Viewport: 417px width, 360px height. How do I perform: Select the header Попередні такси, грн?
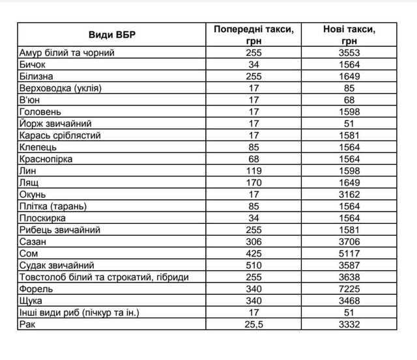coord(254,35)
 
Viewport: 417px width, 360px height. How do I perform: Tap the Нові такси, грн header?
coord(349,35)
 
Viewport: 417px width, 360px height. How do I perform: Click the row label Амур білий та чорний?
coord(67,53)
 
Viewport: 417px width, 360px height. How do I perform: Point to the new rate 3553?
coord(349,53)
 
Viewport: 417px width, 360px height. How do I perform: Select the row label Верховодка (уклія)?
coord(62,88)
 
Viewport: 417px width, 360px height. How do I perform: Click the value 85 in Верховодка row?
coord(349,88)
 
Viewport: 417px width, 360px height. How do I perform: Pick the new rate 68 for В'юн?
coord(349,100)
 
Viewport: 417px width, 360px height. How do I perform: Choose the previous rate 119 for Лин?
coord(254,171)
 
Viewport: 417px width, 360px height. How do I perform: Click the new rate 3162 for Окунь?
coord(349,194)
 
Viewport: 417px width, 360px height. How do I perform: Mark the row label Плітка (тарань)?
coord(53,206)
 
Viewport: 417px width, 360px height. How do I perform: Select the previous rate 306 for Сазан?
coord(254,242)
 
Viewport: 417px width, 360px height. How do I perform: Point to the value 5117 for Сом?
coord(349,253)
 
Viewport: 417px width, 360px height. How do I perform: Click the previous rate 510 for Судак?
coord(254,265)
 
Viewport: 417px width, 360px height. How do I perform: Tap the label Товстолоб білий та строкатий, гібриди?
coord(104,277)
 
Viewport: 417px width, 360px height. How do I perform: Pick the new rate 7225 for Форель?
coord(349,288)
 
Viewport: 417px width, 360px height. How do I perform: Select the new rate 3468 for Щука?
coord(349,300)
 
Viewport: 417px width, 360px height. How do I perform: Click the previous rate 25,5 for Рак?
coord(254,324)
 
